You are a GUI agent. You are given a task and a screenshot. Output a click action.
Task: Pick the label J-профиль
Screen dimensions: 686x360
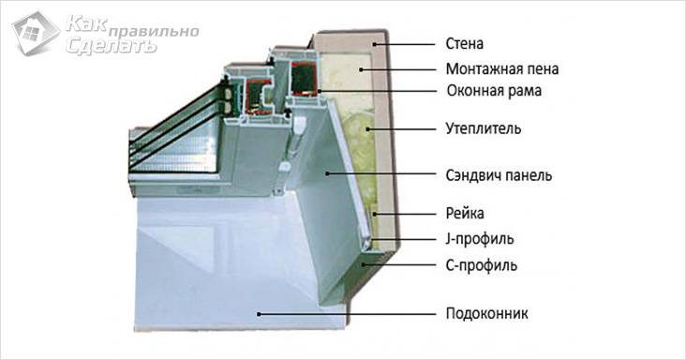[477, 238]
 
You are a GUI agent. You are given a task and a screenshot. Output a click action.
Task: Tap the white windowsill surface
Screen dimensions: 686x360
[216, 281]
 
